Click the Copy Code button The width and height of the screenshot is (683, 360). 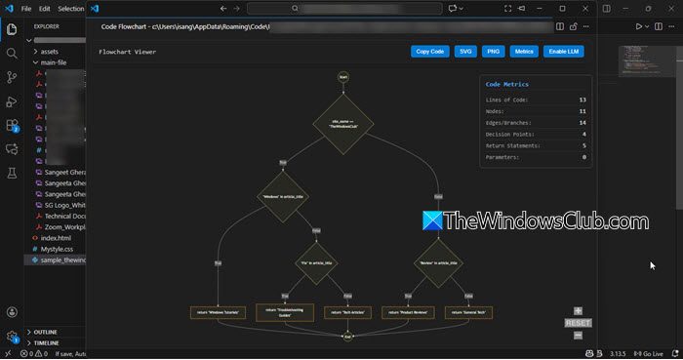point(429,51)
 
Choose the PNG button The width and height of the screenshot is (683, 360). point(494,51)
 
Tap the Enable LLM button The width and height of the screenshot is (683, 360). point(565,51)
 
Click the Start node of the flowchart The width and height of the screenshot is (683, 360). point(343,76)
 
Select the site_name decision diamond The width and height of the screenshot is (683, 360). point(343,124)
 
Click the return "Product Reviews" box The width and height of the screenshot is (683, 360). point(407,312)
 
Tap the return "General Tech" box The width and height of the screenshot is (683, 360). point(470,312)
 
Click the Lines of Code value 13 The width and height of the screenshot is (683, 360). point(582,100)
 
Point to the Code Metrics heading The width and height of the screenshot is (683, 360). point(507,84)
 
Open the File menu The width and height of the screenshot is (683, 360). point(26,9)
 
